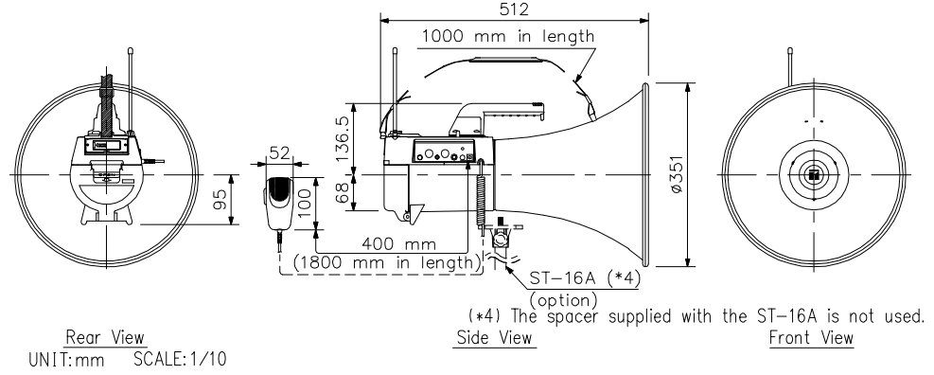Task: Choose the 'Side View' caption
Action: point(496,337)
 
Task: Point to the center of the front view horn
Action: point(812,174)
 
